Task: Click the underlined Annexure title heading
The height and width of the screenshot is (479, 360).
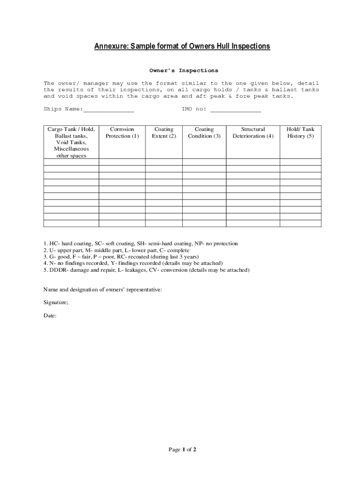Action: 182,46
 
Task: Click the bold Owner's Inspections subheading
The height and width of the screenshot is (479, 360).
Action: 183,71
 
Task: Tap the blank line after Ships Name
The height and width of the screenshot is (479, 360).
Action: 108,109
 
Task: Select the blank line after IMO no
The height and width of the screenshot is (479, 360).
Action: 236,109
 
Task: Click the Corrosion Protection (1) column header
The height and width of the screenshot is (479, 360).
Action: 122,132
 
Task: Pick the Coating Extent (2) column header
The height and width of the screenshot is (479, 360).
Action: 164,132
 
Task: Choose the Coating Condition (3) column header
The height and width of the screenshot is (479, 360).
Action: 204,132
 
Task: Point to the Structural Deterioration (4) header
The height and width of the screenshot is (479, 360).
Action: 253,132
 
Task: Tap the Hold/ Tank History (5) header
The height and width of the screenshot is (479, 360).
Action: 300,132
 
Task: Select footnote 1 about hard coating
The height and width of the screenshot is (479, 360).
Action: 141,244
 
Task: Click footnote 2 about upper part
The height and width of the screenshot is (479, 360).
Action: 116,250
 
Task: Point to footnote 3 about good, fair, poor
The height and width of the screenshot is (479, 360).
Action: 121,257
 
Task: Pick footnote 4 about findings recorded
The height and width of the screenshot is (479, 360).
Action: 133,263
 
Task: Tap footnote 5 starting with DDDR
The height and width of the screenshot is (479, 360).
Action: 146,270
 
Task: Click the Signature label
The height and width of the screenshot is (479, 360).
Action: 56,303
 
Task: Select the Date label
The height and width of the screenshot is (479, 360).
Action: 50,316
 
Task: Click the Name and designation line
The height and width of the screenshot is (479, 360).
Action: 103,290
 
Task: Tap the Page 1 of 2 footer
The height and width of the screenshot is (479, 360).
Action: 182,450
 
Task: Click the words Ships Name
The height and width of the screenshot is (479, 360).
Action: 63,109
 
